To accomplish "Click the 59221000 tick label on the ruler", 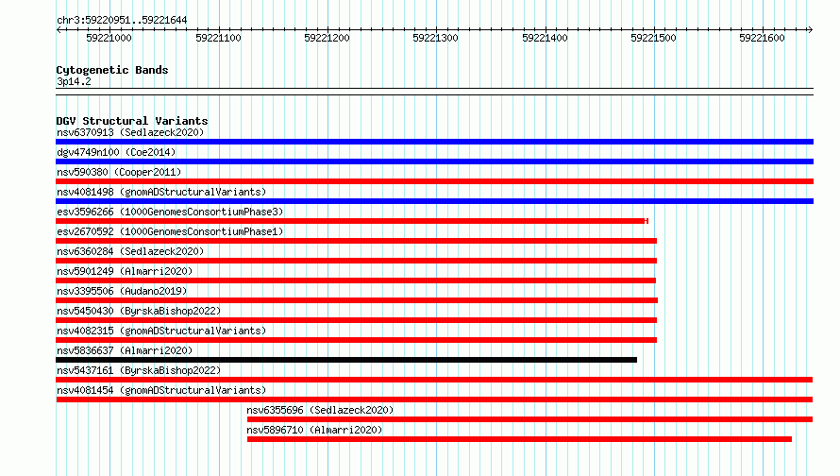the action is coord(109,38).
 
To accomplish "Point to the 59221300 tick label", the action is coord(435,38).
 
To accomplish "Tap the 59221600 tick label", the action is coord(762,38).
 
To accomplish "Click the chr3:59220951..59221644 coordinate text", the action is coord(122,21).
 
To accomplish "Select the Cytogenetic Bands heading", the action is coord(112,70).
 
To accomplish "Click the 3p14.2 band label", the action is coord(74,81).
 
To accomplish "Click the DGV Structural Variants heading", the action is coord(132,121).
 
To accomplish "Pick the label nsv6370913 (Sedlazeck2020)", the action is coord(130,132).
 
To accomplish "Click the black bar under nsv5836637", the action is coord(346,360).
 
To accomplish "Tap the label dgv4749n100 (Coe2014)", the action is coord(116,152).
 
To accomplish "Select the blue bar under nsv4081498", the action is coord(434,201).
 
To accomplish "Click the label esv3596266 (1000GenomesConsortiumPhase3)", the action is coord(170,212).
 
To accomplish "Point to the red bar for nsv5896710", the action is coord(519,439).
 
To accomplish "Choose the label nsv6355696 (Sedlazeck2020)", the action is coord(320,410).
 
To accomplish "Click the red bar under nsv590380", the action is coord(434,181).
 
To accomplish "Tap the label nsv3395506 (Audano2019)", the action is coord(122,291).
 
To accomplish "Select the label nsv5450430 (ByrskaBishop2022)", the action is coord(139,311).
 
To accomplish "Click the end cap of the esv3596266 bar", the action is coord(647,221).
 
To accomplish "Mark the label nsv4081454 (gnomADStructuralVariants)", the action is coord(161,390).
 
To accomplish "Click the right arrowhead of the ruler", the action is coord(810,29).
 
